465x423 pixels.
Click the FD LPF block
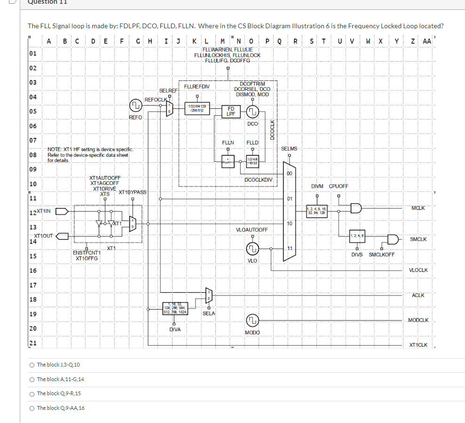click(231, 111)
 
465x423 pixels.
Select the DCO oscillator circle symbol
click(252, 112)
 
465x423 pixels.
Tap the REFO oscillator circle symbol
click(135, 105)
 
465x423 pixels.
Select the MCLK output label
click(418, 208)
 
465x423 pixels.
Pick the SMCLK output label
click(418, 239)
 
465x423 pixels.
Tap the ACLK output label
click(418, 295)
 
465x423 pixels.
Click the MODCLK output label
click(418, 320)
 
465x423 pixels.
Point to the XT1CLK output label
click(418, 345)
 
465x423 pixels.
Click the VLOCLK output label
click(418, 270)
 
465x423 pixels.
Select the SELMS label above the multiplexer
click(289, 149)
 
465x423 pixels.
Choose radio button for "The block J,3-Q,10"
click(31, 365)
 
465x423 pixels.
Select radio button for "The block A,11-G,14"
click(31, 379)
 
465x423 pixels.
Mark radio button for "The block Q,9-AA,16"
click(31, 408)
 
